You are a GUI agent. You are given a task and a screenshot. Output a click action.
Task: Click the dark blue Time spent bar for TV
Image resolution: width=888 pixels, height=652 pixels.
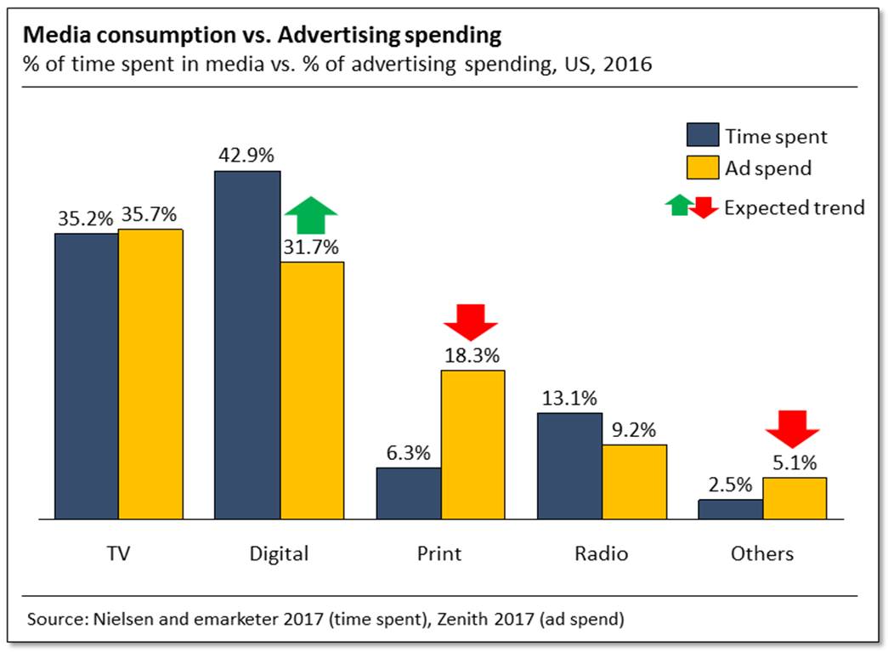86,376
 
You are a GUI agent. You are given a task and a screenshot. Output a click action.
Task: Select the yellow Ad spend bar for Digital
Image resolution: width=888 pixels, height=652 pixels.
312,390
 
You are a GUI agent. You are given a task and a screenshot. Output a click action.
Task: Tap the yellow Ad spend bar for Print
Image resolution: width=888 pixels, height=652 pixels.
472,444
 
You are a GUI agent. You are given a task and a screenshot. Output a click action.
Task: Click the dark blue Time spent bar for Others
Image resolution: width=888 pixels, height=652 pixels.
730,508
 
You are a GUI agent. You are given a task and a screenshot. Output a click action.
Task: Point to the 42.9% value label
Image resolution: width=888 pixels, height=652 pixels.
247,156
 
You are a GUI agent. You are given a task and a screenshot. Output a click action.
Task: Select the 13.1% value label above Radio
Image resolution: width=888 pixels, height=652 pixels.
570,398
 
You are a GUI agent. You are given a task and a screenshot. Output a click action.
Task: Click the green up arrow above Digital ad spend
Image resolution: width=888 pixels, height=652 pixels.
311,215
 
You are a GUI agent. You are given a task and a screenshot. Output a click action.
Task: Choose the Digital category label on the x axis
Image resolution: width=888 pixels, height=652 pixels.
279,553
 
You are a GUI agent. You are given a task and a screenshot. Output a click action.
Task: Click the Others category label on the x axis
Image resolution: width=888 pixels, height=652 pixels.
762,553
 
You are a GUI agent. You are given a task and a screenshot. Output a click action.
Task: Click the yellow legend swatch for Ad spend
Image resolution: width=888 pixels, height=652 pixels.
702,168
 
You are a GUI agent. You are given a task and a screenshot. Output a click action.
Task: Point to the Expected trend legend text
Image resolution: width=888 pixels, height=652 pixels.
794,207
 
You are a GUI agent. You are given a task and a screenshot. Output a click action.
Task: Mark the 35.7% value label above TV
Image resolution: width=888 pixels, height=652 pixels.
150,215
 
